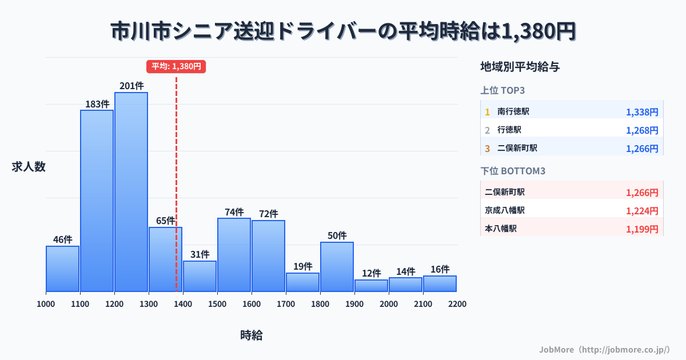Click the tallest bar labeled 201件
(x=131, y=191)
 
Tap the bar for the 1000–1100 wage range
(x=62, y=269)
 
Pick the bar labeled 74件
(x=234, y=254)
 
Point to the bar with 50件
(x=337, y=266)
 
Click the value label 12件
(x=371, y=273)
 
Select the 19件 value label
(x=302, y=266)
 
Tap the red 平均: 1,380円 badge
(x=176, y=66)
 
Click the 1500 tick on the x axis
(x=217, y=304)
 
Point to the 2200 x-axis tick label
(x=457, y=304)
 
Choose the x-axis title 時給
(x=251, y=335)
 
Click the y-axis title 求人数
(x=29, y=167)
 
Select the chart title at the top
(x=343, y=31)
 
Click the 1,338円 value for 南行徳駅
(x=642, y=113)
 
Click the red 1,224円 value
(x=642, y=211)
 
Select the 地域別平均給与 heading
(x=520, y=67)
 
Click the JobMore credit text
(x=604, y=349)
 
